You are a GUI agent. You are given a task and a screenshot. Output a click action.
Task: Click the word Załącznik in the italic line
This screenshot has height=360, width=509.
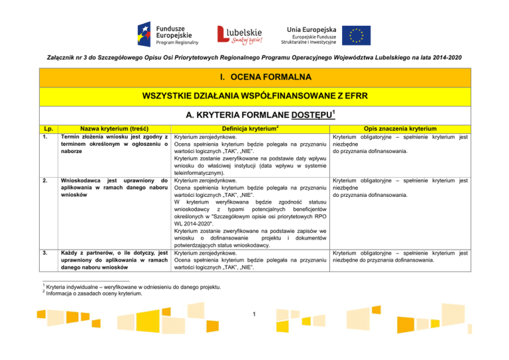point(52,58)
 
